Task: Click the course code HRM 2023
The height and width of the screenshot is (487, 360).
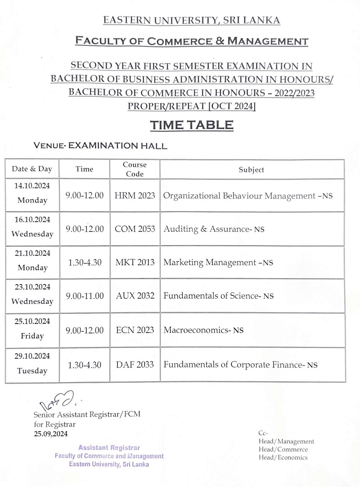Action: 135,195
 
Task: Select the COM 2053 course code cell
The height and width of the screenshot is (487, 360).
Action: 135,229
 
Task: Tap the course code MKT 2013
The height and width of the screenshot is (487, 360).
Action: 135,262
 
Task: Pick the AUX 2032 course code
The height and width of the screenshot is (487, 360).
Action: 135,296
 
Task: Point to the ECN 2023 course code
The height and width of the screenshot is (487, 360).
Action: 135,330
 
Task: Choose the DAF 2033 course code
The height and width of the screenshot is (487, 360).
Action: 135,365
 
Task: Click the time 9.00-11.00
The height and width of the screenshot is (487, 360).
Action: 85,296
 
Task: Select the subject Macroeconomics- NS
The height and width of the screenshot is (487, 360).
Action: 203,330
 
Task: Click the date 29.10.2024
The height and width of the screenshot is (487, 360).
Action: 32,356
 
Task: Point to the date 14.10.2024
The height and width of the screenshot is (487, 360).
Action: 32,185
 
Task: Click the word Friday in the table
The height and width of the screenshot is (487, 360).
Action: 32,336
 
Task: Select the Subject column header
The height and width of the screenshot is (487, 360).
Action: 252,170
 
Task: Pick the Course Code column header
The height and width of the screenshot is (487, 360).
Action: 135,169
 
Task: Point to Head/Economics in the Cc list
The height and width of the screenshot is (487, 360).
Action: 283,457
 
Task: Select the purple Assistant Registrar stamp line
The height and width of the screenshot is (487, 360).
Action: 109,447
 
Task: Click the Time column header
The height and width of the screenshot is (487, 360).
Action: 85,169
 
